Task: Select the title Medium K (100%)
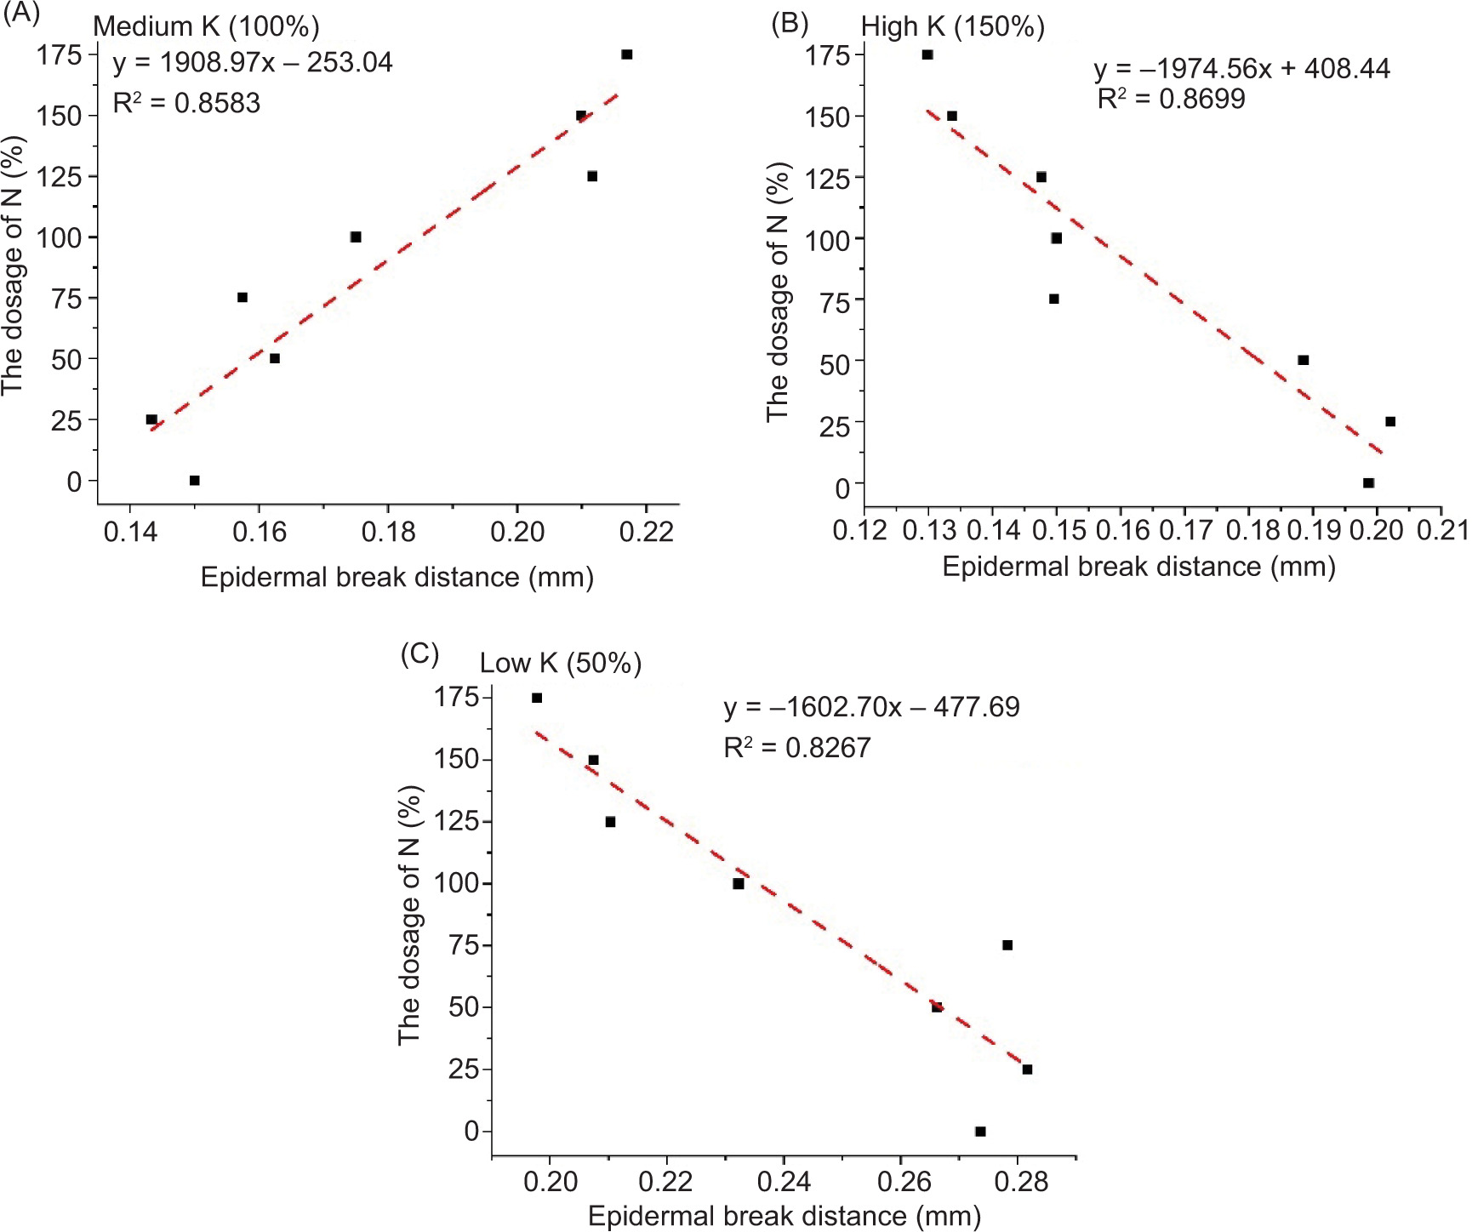[206, 26]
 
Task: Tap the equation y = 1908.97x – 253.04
[253, 63]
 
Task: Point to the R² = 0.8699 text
[1171, 100]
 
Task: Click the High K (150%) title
[953, 26]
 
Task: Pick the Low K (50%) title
[561, 663]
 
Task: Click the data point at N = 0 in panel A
[194, 481]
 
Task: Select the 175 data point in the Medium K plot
[627, 54]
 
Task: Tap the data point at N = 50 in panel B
[1303, 360]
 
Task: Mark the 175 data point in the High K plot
[927, 54]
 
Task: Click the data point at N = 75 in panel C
[1007, 945]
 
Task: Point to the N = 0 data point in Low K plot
[980, 1132]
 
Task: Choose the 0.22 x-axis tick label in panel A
[647, 533]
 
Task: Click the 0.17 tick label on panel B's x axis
[1185, 530]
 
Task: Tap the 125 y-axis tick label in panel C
[457, 822]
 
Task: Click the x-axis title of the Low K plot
[784, 1216]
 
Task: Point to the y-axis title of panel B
[778, 291]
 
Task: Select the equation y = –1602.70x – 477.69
[871, 707]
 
